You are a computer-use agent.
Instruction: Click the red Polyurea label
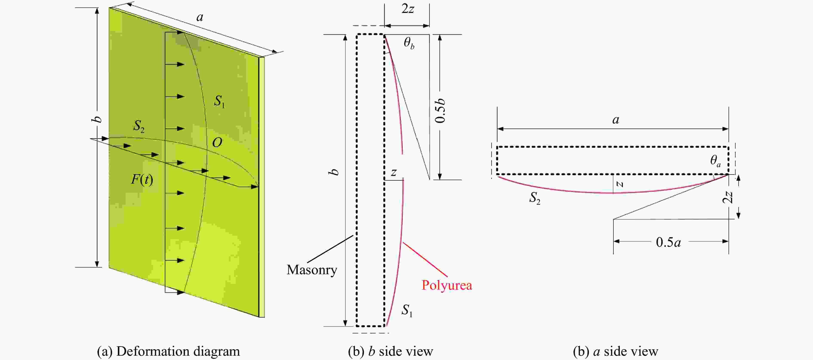[x=447, y=285]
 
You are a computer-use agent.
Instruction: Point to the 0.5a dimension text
[x=668, y=242]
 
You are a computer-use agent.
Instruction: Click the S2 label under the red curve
[x=535, y=198]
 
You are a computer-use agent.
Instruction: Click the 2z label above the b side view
[x=408, y=9]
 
